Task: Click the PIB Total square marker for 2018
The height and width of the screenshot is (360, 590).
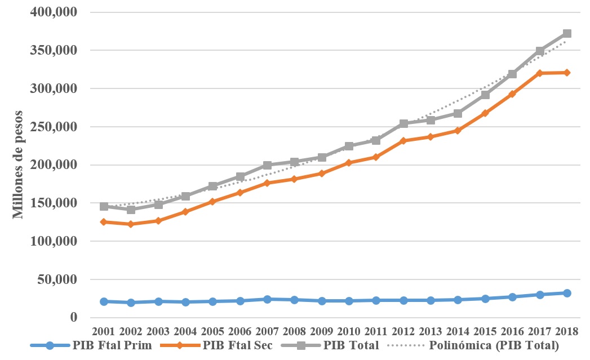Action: pyautogui.click(x=567, y=34)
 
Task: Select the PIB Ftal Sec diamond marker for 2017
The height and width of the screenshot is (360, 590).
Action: pyautogui.click(x=540, y=73)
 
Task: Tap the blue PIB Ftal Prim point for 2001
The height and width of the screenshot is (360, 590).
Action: pyautogui.click(x=104, y=301)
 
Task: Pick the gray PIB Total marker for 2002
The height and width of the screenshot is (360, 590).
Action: pyautogui.click(x=131, y=210)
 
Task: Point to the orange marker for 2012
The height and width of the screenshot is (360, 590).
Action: pyautogui.click(x=403, y=141)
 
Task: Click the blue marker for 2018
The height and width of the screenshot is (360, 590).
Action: pyautogui.click(x=567, y=293)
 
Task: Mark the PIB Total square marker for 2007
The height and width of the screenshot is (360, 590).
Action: pyautogui.click(x=267, y=165)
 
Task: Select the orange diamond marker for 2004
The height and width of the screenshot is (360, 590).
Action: pyautogui.click(x=185, y=212)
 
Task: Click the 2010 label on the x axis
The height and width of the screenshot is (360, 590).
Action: pyautogui.click(x=349, y=331)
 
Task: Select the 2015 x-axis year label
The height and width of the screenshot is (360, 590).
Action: pyautogui.click(x=485, y=331)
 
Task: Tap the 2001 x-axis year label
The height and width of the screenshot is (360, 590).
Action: pyautogui.click(x=104, y=331)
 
